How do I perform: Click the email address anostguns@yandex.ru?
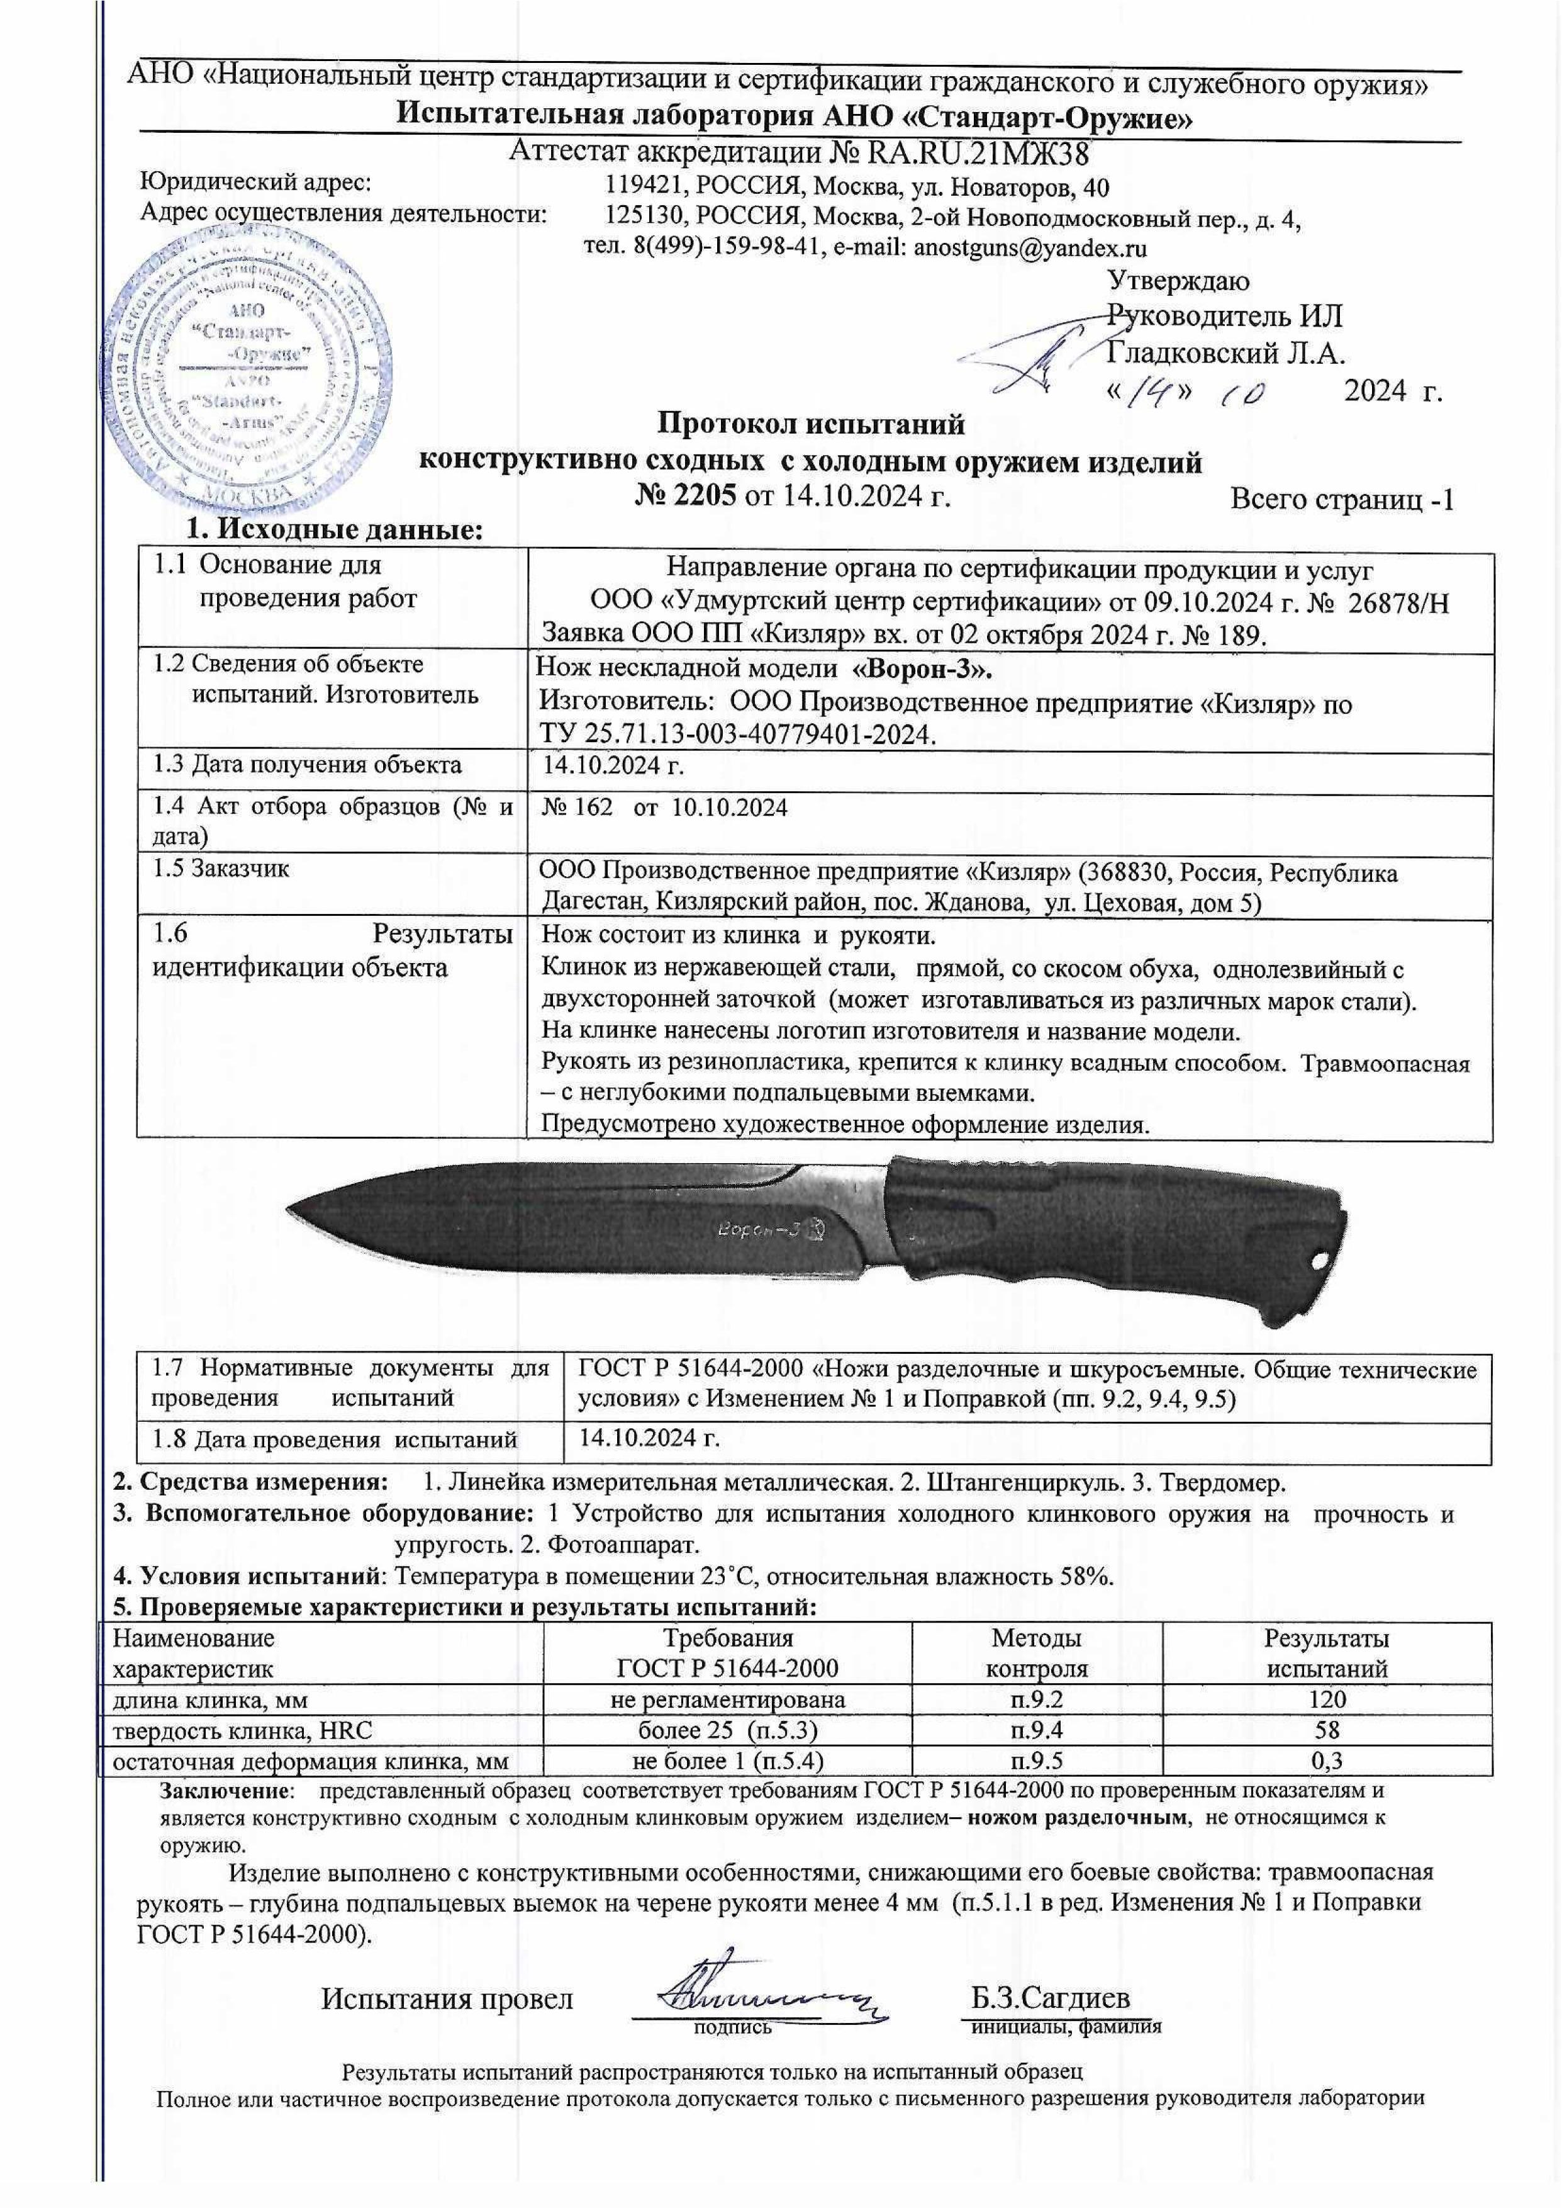pos(1029,247)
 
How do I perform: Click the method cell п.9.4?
pos(1037,1730)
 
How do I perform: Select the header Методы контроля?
pos(1037,1653)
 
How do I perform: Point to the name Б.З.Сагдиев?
pos(1051,1997)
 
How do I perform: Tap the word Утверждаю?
pos(1179,282)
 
